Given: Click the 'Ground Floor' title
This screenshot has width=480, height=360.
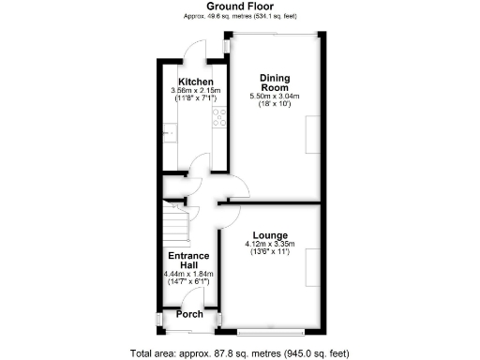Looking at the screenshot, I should (239, 6).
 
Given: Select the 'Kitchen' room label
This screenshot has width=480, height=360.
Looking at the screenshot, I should (195, 82).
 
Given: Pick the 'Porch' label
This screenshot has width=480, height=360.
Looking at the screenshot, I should (189, 314).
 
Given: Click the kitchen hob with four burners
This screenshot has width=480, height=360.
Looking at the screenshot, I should (220, 116).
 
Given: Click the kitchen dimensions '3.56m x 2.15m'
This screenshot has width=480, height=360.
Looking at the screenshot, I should (195, 91).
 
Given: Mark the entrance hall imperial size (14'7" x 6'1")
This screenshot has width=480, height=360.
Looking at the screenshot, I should (187, 281).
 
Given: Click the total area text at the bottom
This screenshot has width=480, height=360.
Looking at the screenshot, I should (239, 353).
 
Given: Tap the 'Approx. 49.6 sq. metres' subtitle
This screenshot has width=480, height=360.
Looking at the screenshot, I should (239, 15).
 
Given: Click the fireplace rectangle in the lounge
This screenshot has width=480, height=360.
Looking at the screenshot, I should (312, 263).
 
